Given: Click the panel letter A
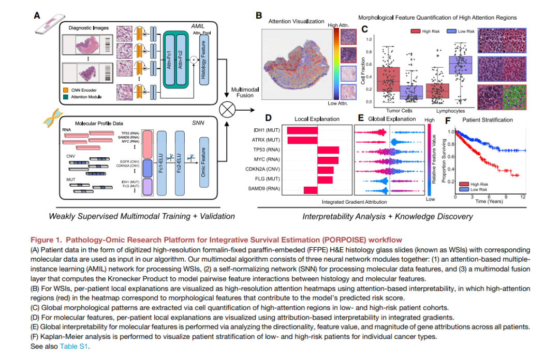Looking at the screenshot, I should click(37, 16).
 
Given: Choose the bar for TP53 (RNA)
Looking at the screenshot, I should click(328, 150).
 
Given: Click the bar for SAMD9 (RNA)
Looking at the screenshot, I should click(311, 190).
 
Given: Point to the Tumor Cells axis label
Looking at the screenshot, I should click(399, 110).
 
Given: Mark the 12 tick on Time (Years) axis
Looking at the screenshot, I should click(524, 197).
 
